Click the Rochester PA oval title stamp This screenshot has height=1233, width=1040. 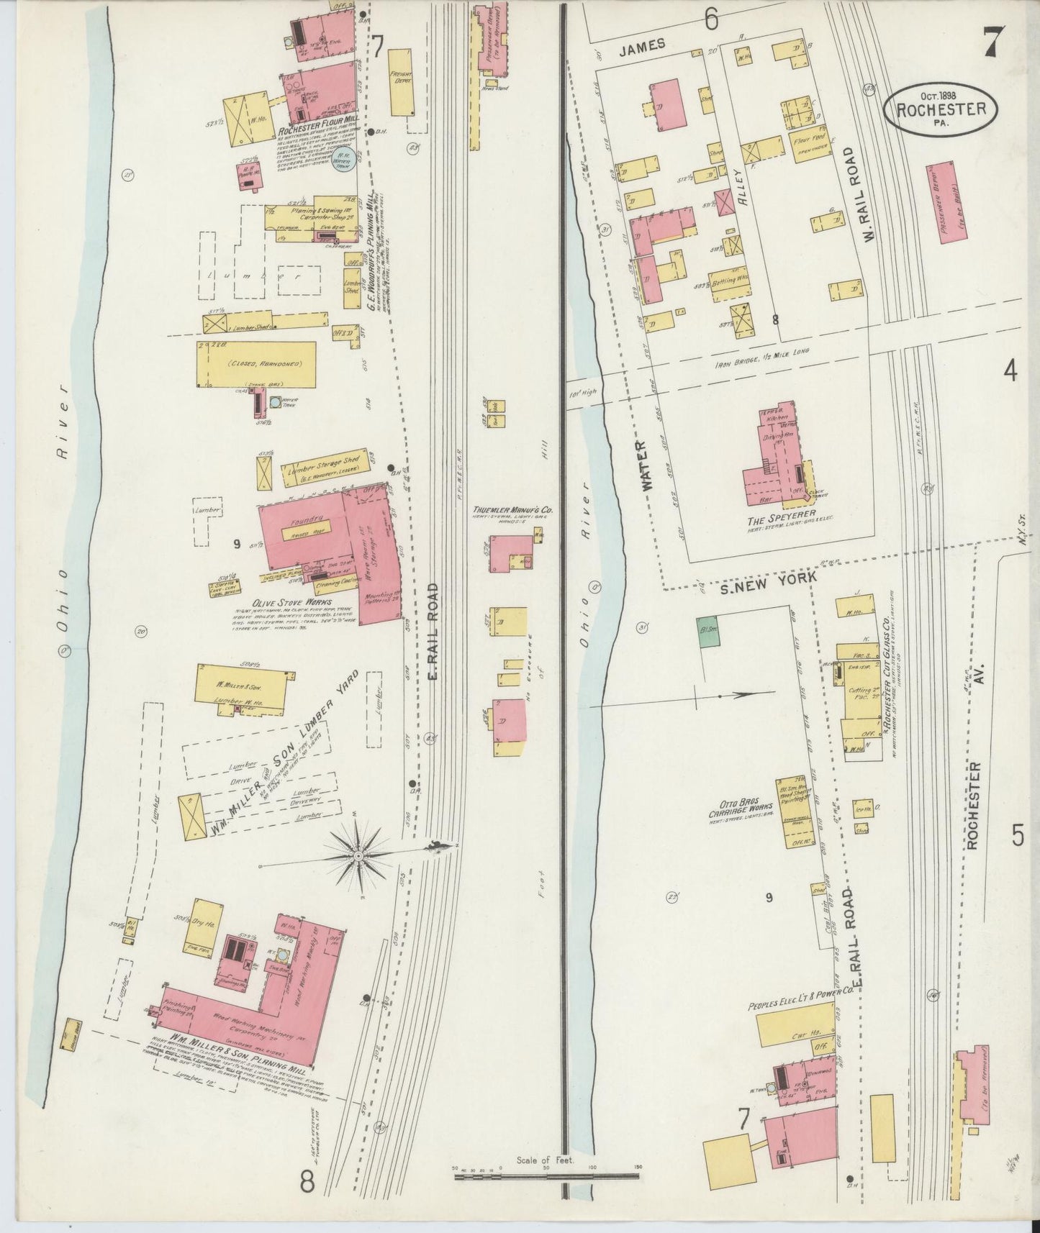pos(941,109)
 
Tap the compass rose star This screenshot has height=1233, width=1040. pos(358,856)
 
